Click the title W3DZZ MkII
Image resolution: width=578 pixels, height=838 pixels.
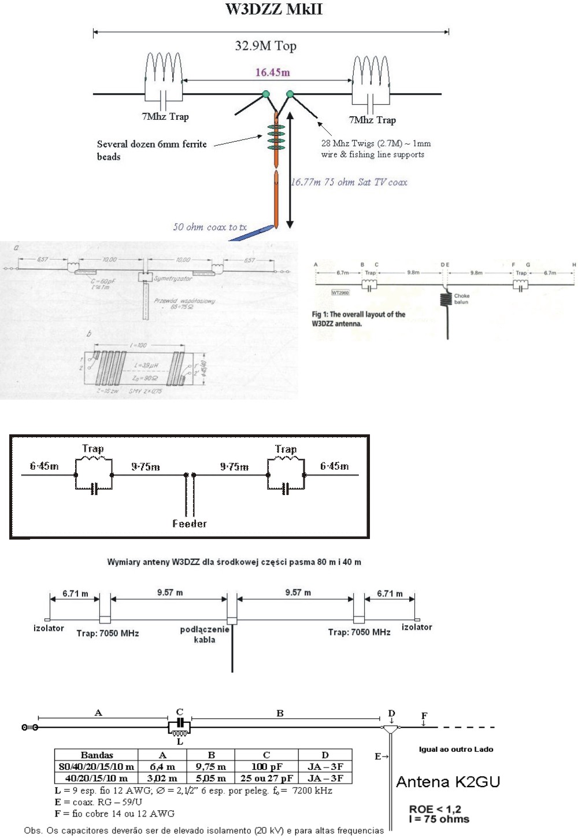pyautogui.click(x=273, y=9)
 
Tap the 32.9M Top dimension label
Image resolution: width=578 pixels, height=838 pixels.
pyautogui.click(x=265, y=46)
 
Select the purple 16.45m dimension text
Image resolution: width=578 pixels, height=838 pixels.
pyautogui.click(x=273, y=72)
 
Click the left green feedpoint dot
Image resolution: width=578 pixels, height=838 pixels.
pyautogui.click(x=265, y=94)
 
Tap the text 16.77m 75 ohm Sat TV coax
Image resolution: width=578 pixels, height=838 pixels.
pyautogui.click(x=349, y=182)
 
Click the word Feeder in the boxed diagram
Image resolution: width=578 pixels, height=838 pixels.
pyautogui.click(x=189, y=523)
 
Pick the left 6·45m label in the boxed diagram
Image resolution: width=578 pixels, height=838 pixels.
pyautogui.click(x=45, y=466)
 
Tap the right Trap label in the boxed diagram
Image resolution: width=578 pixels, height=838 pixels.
pyautogui.click(x=286, y=449)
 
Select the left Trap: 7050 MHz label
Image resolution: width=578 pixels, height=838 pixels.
pyautogui.click(x=108, y=633)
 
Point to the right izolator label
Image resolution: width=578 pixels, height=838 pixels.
pyautogui.click(x=417, y=627)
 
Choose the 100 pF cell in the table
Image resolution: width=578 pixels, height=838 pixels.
pyautogui.click(x=266, y=767)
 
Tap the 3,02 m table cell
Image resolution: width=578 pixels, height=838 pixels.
pyautogui.click(x=162, y=778)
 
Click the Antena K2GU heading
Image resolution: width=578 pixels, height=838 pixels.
pyautogui.click(x=447, y=782)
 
